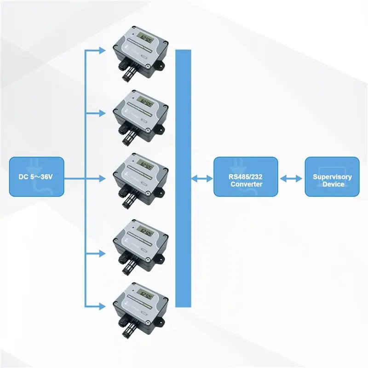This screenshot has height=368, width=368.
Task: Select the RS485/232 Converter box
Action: tap(246, 177)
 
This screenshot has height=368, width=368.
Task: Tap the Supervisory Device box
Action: tap(332, 177)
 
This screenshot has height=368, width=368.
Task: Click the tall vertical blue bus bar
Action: tap(183, 178)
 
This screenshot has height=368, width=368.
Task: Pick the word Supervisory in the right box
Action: tap(332, 177)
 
